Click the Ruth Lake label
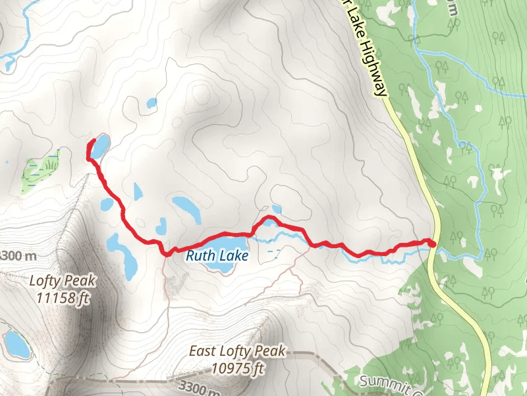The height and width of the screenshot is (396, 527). (217, 255)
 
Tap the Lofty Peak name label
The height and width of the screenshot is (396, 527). (63, 280)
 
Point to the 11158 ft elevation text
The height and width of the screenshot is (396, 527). (63, 298)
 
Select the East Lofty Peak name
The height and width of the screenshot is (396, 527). (237, 352)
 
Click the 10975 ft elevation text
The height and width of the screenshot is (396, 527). (238, 368)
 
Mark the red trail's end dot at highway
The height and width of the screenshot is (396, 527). (432, 244)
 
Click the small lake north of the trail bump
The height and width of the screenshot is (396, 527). (276, 209)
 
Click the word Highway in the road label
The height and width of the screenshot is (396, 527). (372, 69)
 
